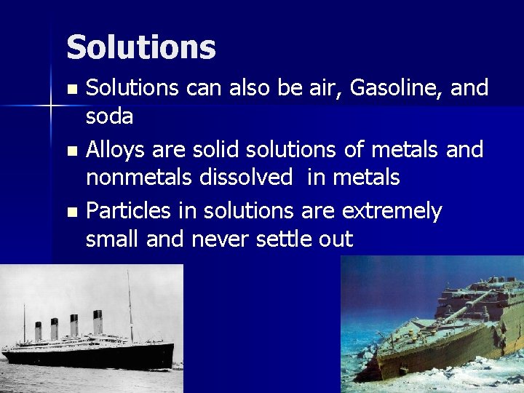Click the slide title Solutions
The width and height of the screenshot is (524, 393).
(x=140, y=47)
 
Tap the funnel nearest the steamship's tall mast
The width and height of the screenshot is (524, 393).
(x=98, y=322)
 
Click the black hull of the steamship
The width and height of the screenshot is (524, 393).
(x=87, y=356)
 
